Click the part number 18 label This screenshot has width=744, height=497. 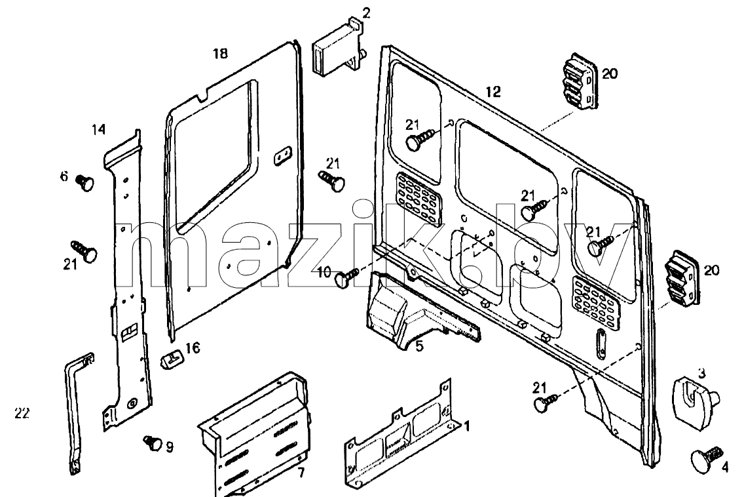point(220,53)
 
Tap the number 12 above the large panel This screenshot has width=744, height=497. point(493,92)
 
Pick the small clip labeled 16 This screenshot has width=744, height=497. point(172,358)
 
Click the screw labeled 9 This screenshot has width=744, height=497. point(153,443)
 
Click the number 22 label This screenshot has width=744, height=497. point(22,413)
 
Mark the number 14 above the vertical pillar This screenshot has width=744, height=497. point(99,129)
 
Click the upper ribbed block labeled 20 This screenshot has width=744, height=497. point(580,82)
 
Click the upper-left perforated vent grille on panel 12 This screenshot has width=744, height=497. point(418,192)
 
